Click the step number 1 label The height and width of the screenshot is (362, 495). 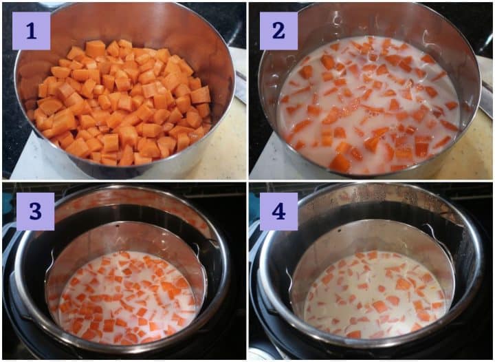(31, 31)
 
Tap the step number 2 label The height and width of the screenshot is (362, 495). (278, 31)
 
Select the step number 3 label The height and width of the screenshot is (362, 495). (35, 211)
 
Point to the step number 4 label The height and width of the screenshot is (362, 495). (278, 211)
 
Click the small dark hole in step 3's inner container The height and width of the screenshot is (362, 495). (117, 226)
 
